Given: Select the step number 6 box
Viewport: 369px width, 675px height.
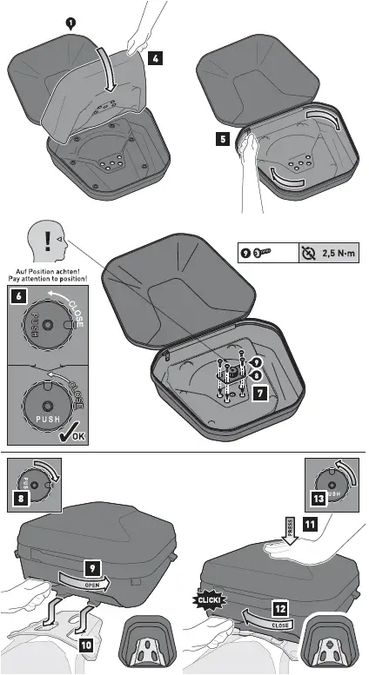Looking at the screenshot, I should (18, 295).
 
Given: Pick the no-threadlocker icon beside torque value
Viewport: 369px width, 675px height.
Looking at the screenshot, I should (311, 253).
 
